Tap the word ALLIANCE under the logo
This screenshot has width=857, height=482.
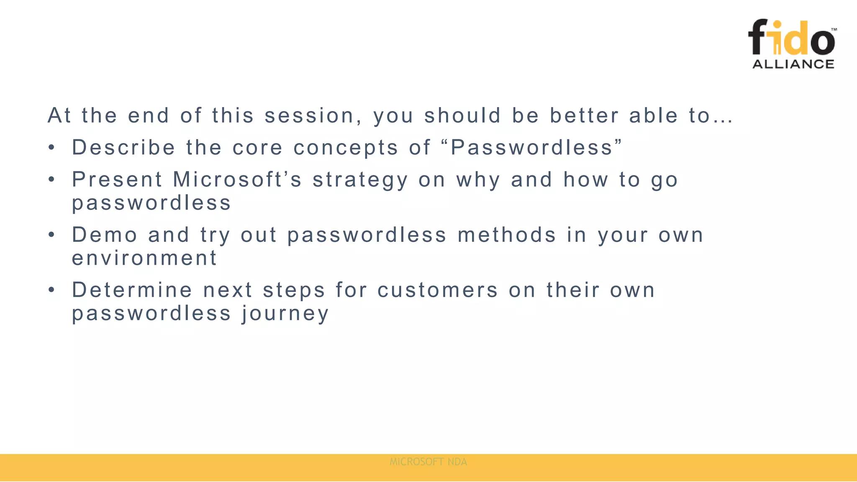point(793,64)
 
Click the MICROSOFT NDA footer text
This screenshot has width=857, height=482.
point(428,462)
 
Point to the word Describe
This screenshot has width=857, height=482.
point(123,148)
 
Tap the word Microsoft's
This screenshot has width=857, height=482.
point(237,180)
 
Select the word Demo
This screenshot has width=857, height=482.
point(105,235)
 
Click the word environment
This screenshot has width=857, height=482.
point(144,258)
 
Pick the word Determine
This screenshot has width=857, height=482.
point(132,290)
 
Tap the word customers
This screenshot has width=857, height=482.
point(438,290)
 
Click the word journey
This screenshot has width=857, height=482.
point(285,314)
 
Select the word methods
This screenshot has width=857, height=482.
point(507,235)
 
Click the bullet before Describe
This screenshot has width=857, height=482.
point(51,148)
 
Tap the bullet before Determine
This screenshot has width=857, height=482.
point(51,290)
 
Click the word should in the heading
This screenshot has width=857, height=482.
point(462,115)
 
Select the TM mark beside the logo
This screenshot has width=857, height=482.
point(834,30)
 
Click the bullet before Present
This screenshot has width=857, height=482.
point(51,180)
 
